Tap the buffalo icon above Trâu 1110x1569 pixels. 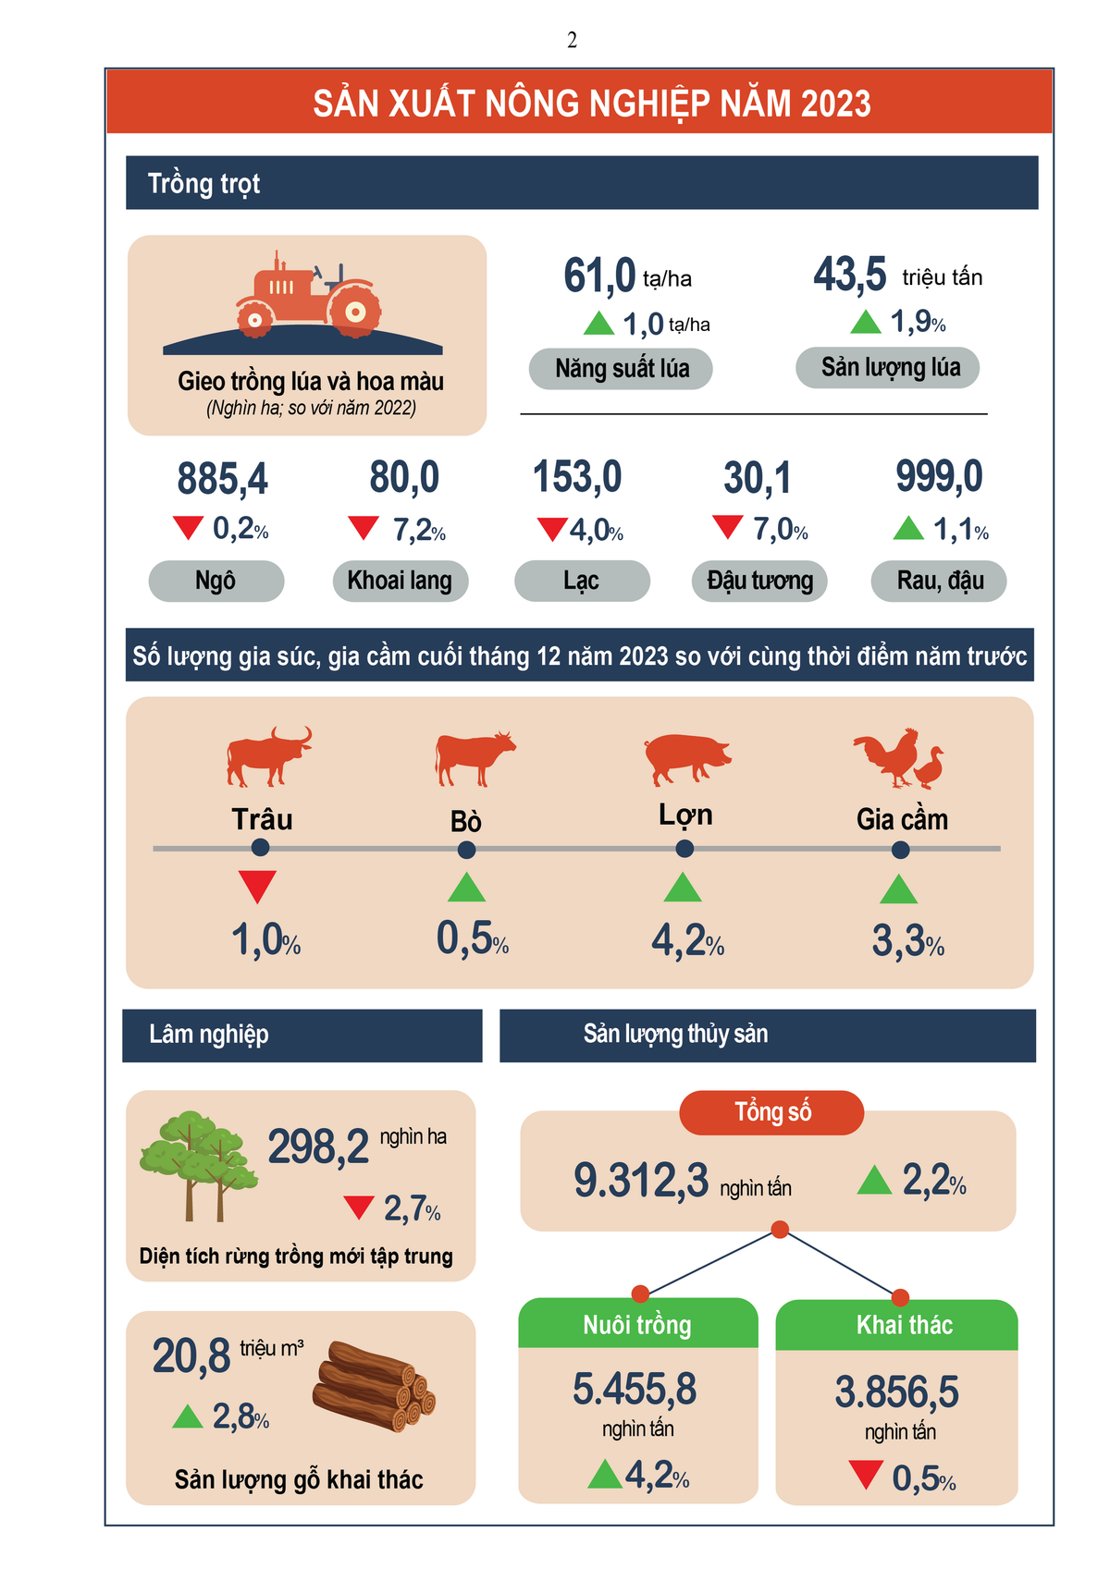[x=267, y=755]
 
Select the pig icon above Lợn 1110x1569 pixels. [x=686, y=756]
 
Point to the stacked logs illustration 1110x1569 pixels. [x=373, y=1385]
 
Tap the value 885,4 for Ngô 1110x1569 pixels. [x=222, y=479]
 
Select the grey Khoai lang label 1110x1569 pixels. [x=400, y=581]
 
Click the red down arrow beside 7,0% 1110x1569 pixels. [x=728, y=527]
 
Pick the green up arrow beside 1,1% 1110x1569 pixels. [x=908, y=528]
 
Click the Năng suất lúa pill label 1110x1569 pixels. [x=621, y=369]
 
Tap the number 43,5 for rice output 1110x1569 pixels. [x=849, y=275]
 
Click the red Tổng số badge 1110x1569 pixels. [x=771, y=1112]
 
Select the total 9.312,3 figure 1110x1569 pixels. [x=641, y=1181]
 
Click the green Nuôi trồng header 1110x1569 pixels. [x=637, y=1324]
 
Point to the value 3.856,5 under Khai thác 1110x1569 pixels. [x=896, y=1391]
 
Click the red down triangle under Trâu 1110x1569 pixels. [x=257, y=886]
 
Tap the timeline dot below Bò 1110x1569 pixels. [x=467, y=850]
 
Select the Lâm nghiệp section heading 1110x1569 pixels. [x=209, y=1035]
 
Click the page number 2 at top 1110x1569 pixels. [x=572, y=40]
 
